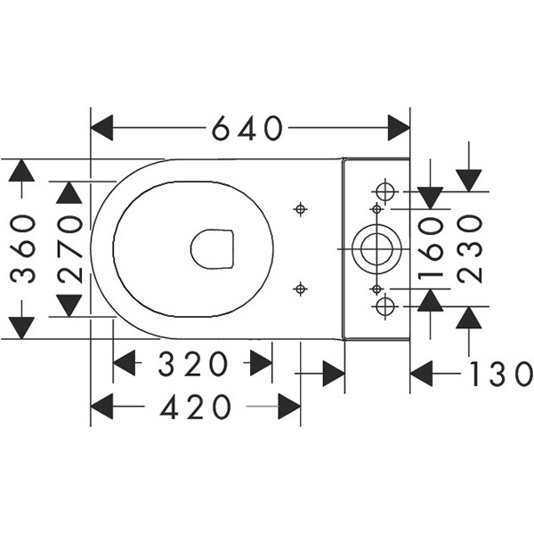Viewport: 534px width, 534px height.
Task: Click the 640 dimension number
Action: pos(247,130)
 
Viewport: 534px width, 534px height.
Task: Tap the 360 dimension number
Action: pos(24,249)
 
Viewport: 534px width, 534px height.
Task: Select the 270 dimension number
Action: pos(70,249)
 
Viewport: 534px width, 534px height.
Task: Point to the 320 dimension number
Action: pos(193,364)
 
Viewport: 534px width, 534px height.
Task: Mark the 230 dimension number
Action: pos(469,250)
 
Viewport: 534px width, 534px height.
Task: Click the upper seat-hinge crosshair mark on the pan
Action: pos(300,209)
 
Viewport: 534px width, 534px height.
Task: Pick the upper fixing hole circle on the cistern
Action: pos(384,191)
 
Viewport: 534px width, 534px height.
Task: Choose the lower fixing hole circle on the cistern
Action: pos(384,307)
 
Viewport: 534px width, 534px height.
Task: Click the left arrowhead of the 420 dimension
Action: pos(104,408)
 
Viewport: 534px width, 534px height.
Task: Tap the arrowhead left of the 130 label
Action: pos(424,374)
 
